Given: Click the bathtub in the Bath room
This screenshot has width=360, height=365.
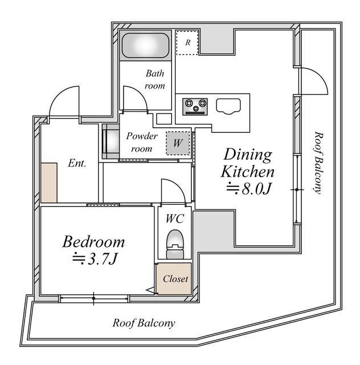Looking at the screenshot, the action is (x=146, y=46).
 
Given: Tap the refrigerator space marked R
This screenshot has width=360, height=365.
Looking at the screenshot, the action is (x=187, y=42).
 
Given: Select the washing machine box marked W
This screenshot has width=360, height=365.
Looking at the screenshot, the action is (x=178, y=143).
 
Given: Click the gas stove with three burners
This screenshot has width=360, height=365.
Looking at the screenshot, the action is (x=195, y=107).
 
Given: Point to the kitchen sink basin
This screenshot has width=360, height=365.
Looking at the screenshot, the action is (x=228, y=107).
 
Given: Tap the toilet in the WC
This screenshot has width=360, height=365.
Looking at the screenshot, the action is (x=175, y=244).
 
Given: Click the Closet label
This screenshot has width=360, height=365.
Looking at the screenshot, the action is (x=175, y=279).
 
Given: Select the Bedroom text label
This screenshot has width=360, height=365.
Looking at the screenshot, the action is (x=93, y=242).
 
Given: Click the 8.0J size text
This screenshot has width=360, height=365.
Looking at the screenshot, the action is (x=248, y=188).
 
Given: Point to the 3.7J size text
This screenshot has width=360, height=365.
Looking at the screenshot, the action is (x=94, y=258).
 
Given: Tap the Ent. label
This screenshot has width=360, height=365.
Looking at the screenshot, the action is (x=77, y=163).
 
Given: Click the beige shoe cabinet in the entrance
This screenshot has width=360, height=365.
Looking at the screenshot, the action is (x=49, y=182).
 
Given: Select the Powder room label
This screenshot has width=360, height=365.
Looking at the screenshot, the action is (x=142, y=142).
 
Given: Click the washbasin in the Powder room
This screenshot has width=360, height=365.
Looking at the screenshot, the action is (x=111, y=141).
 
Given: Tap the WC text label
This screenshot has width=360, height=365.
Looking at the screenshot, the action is (x=175, y=218).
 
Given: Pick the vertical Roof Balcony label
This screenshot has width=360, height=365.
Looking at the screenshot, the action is (x=318, y=163).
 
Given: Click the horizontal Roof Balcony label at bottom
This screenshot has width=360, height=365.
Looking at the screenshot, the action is (x=144, y=323).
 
